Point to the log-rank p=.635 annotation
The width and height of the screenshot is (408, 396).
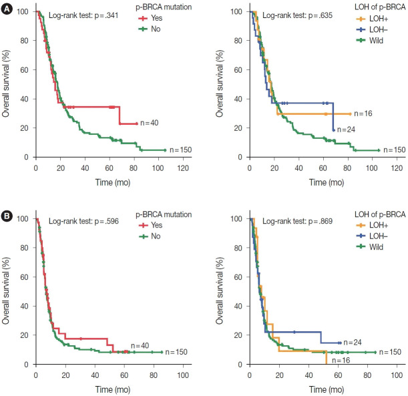click(294, 14)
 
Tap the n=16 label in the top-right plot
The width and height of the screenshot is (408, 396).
click(364, 114)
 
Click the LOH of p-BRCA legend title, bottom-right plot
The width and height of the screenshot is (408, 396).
click(372, 214)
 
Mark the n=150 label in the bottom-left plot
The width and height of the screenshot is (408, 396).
click(177, 352)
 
